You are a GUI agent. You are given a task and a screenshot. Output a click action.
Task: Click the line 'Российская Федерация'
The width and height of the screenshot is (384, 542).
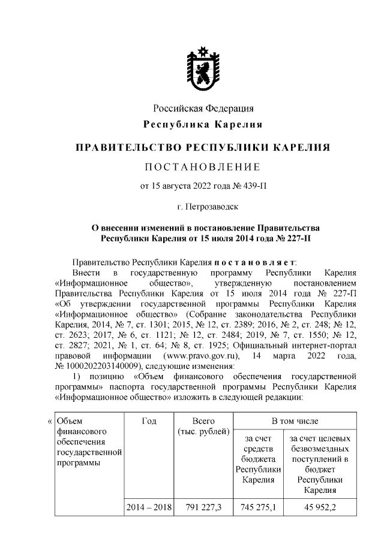203,108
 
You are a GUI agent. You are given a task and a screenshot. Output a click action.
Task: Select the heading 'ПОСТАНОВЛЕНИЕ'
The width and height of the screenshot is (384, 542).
203,166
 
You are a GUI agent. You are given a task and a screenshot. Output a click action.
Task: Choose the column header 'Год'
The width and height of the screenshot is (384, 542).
149,422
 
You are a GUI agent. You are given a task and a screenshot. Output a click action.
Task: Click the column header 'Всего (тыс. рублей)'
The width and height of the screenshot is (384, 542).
203,427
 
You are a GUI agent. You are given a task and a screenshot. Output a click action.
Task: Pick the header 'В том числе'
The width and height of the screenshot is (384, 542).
295,422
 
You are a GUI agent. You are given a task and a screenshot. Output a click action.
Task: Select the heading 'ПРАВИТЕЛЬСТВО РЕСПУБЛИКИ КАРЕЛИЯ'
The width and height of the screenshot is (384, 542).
203,147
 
